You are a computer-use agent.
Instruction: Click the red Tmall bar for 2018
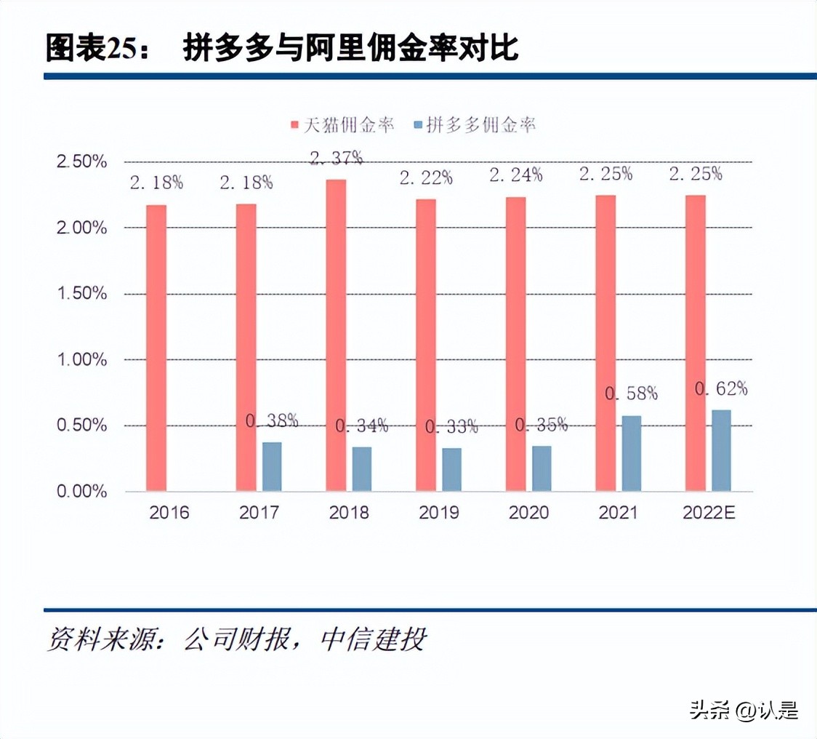pos(336,335)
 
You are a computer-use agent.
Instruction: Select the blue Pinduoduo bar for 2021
pos(632,453)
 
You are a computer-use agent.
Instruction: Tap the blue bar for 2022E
pos(721,450)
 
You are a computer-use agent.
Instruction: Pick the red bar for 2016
pos(156,348)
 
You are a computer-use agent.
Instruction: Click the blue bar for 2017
pos(272,466)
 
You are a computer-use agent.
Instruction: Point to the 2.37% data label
pos(336,158)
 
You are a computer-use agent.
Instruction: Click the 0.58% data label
pos(631,394)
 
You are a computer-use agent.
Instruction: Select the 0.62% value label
pos(721,388)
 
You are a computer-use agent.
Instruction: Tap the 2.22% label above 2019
pos(426,177)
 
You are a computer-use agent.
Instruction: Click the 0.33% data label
pos(451,426)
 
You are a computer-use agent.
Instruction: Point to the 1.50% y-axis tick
pos(82,293)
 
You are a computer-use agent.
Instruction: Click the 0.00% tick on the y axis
pos(82,491)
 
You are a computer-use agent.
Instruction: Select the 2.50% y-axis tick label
pos(82,161)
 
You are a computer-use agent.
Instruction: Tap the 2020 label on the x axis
pos(528,513)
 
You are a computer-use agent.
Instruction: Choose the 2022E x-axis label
pos(709,513)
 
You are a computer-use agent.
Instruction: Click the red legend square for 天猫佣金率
pos(295,125)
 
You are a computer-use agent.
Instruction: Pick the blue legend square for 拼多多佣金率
pos(417,125)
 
